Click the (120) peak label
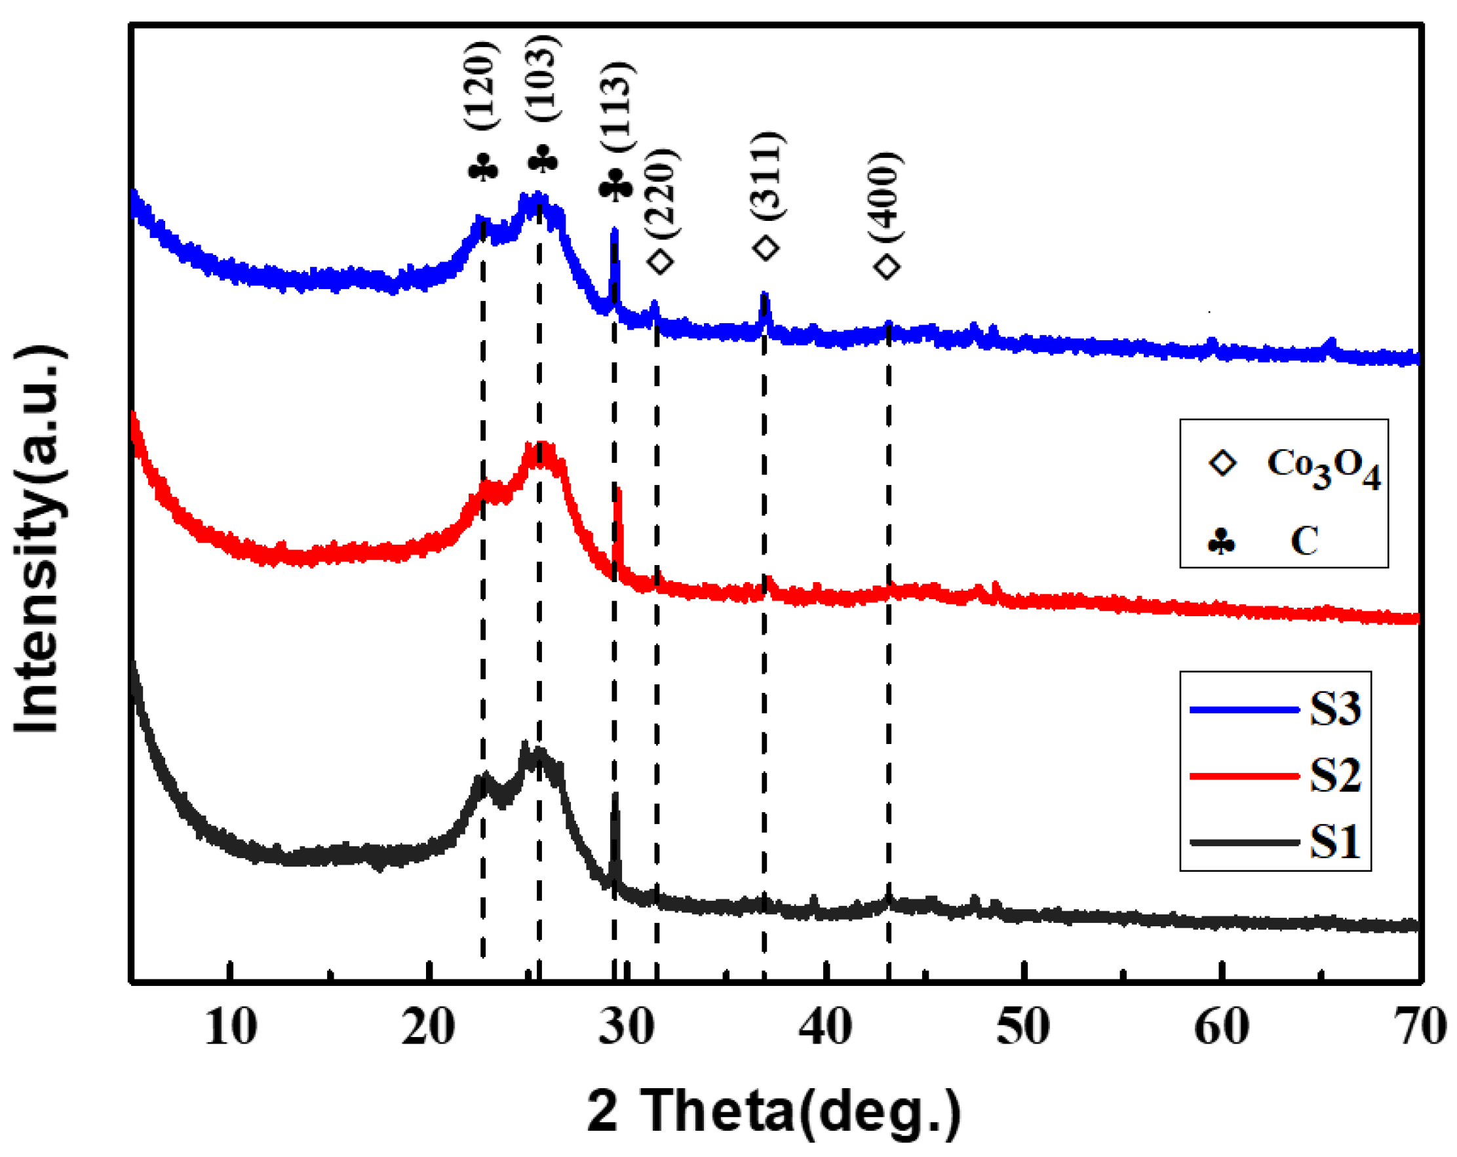pyautogui.click(x=482, y=87)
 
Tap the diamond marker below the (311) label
pyautogui.click(x=766, y=248)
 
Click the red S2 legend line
pyautogui.click(x=1244, y=776)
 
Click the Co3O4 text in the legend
pyautogui.click(x=1323, y=467)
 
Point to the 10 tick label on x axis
pyautogui.click(x=231, y=1027)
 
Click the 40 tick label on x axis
pyautogui.click(x=825, y=1027)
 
